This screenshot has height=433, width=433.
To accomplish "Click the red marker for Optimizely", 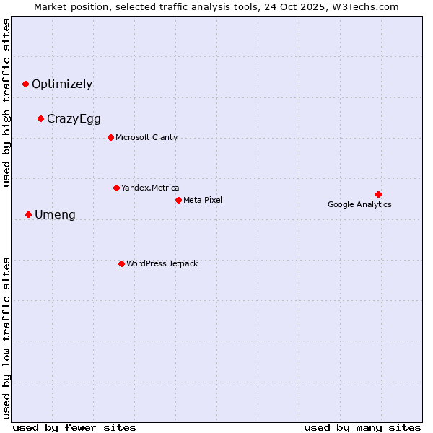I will [25, 84].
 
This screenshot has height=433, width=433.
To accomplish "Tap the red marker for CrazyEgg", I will [41, 118].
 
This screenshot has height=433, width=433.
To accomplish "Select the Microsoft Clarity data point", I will [110, 137].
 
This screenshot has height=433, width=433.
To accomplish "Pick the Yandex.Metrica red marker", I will [116, 188].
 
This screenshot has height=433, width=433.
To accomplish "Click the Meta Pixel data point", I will [178, 200].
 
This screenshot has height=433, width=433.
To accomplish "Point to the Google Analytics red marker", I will [378, 194].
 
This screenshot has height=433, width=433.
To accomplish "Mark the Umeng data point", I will [28, 214].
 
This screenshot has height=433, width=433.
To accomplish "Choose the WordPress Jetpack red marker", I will [121, 263].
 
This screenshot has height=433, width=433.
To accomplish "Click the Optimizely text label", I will [62, 84].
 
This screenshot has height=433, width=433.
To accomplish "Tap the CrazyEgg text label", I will [74, 119].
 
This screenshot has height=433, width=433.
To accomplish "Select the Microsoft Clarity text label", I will [146, 137].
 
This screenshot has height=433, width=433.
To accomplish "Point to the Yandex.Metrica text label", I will [150, 188].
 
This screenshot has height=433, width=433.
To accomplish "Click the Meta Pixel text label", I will [203, 200].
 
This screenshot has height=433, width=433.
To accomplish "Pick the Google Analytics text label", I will [359, 204].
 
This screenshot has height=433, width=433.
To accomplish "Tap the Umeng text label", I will [55, 215].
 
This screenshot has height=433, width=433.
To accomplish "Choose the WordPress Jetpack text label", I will [162, 263].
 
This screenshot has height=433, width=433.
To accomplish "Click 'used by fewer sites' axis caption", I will [74, 427].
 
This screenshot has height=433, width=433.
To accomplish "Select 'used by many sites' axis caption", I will [362, 427].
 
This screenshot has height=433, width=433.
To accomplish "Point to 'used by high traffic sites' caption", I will [6, 102].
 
